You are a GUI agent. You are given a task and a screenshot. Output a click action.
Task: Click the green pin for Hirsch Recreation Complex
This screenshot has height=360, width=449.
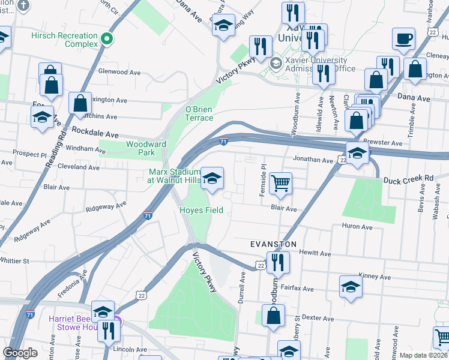(x=107, y=40)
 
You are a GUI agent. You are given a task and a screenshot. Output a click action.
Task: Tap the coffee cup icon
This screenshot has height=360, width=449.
(x=403, y=40)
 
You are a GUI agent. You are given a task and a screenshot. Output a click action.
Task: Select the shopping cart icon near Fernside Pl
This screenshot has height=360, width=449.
(x=280, y=183)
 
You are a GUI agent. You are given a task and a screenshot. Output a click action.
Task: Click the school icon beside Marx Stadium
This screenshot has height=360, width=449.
(x=211, y=178)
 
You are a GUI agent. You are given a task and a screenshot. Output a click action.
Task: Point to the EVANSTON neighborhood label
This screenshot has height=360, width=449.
(x=273, y=245)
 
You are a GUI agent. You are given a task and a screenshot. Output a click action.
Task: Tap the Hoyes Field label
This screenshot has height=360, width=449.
(x=202, y=210)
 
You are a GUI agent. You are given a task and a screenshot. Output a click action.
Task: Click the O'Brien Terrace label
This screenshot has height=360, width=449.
(x=199, y=113)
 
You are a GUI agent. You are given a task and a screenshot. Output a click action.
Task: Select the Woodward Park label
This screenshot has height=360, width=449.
(x=146, y=148)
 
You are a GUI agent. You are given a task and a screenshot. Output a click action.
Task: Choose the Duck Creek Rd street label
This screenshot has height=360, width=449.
(x=408, y=179)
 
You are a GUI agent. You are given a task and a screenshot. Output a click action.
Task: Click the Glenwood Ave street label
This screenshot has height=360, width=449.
(x=119, y=72)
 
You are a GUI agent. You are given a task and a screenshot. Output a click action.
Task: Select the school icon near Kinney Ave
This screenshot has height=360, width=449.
(x=351, y=287)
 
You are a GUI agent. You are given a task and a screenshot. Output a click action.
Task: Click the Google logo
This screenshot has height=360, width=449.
(x=20, y=353)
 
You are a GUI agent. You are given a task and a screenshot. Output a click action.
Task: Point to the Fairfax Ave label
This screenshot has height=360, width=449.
(x=299, y=289)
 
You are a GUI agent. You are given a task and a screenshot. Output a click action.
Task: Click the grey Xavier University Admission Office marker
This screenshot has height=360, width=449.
(x=276, y=63)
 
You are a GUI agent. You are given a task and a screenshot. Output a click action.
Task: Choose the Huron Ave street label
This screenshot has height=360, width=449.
(x=357, y=227)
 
